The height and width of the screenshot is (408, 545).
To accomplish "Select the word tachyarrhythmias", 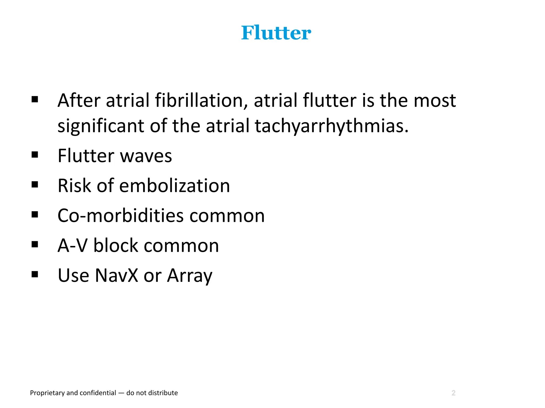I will (331, 126).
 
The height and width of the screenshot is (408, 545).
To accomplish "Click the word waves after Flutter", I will (146, 156).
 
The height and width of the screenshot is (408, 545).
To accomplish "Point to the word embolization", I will (174, 186).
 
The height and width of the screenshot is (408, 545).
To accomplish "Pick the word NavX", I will (117, 275).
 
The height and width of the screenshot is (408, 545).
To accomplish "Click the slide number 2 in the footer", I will (453, 393).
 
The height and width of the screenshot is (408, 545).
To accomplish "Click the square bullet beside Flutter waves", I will (35, 155).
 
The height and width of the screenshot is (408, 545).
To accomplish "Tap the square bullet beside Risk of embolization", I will (35, 184).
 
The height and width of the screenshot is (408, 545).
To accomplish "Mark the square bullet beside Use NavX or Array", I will (35, 274).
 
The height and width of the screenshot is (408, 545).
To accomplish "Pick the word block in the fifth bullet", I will (115, 245).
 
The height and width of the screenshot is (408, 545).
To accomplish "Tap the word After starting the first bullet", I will (79, 100).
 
